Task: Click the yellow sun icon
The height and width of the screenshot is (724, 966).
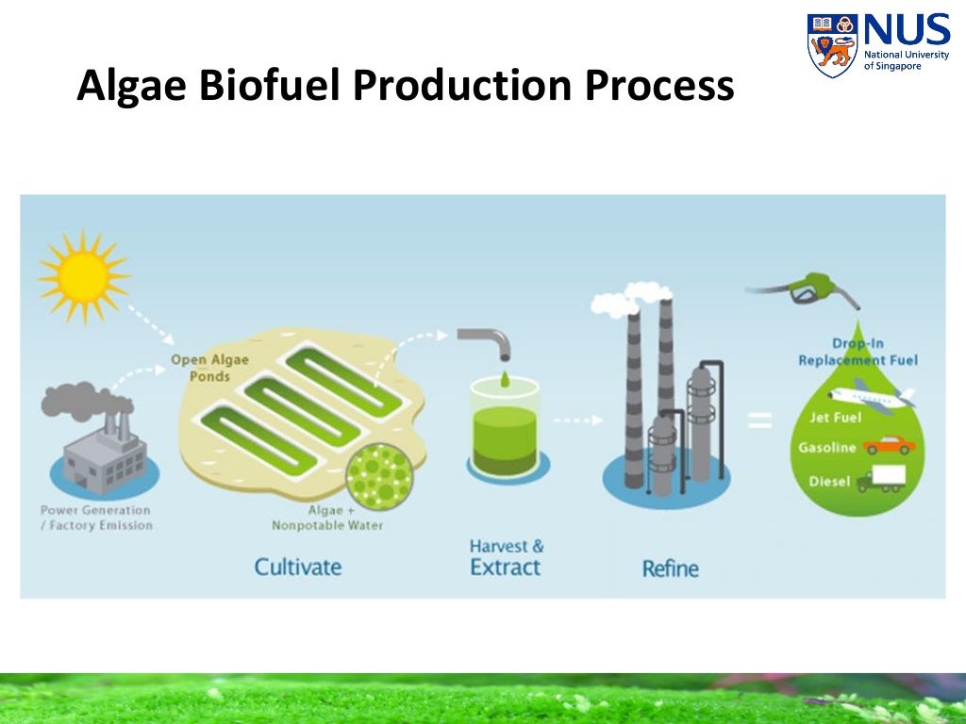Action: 82,274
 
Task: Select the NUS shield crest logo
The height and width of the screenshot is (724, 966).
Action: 830,44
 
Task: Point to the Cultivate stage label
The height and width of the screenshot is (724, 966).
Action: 297,567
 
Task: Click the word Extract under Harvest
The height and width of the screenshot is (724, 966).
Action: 506,568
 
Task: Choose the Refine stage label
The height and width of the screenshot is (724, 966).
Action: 671,568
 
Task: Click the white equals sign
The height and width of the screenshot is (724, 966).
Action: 759,420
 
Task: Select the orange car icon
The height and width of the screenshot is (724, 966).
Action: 889,445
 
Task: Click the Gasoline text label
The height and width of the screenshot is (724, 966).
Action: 827,448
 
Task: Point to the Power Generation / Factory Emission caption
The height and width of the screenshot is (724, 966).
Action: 95,518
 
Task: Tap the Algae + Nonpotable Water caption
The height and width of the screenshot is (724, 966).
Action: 327,518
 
